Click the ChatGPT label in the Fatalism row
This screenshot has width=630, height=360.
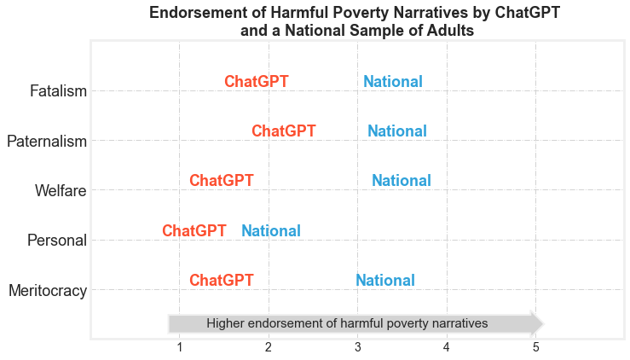[x=256, y=82]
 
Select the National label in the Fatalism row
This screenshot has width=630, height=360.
[x=392, y=82]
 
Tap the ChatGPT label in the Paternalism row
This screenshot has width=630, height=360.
[x=283, y=131]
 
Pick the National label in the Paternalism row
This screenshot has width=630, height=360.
[x=396, y=131]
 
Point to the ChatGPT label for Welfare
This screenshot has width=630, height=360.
[x=221, y=181]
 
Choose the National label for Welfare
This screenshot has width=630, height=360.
[x=401, y=181]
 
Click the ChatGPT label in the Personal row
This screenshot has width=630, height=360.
[x=194, y=231]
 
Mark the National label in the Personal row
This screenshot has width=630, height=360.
[x=270, y=231]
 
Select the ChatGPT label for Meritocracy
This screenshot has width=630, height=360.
[x=221, y=281]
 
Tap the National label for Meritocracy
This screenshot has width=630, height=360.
[x=384, y=281]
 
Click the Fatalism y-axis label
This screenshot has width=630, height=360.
[x=58, y=90]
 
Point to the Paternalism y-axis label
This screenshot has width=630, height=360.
[x=47, y=141]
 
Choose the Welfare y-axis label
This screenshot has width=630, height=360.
[x=61, y=190]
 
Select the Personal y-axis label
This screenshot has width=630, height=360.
[x=57, y=241]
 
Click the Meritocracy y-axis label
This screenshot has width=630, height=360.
[x=48, y=291]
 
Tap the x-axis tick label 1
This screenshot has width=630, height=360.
[x=179, y=347]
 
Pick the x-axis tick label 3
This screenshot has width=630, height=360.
[x=357, y=347]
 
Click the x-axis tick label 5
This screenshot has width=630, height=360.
[x=535, y=347]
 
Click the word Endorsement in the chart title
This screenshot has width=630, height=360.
[x=199, y=13]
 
